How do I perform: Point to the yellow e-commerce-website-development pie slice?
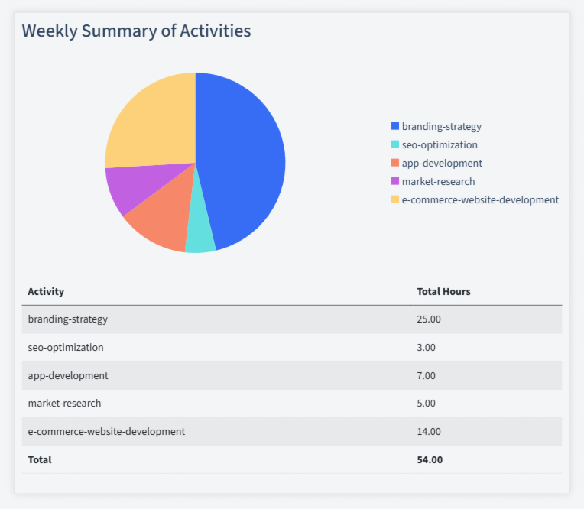click(x=149, y=122)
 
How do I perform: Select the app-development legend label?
click(x=442, y=164)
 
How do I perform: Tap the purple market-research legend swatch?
click(x=395, y=182)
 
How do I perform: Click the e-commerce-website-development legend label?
click(x=480, y=200)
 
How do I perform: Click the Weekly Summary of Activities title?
click(x=136, y=31)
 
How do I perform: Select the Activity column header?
click(x=46, y=292)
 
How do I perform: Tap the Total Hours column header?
click(x=443, y=292)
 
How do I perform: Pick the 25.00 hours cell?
click(x=429, y=319)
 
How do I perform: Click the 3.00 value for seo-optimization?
click(x=426, y=348)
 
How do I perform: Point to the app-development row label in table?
click(x=68, y=376)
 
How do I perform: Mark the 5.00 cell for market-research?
click(x=426, y=404)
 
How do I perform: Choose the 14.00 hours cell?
click(x=429, y=432)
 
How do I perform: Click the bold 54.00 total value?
click(x=430, y=460)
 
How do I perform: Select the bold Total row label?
click(x=40, y=460)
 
